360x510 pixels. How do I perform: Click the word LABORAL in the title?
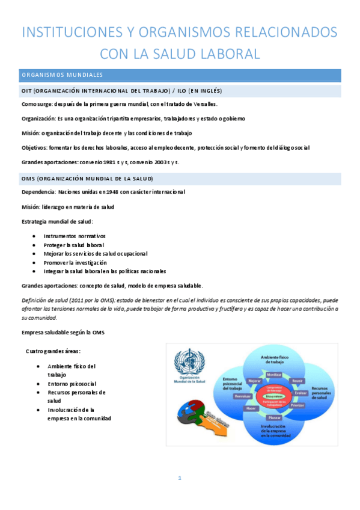(x=228, y=54)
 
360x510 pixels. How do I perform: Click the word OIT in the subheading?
(x=26, y=91)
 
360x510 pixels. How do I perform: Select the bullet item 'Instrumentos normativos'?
(x=74, y=236)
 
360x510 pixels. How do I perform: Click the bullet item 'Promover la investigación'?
(x=75, y=262)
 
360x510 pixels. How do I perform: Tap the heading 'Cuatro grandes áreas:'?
(x=53, y=351)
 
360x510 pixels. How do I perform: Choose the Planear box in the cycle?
(x=274, y=417)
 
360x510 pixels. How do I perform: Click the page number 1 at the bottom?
(x=179, y=478)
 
